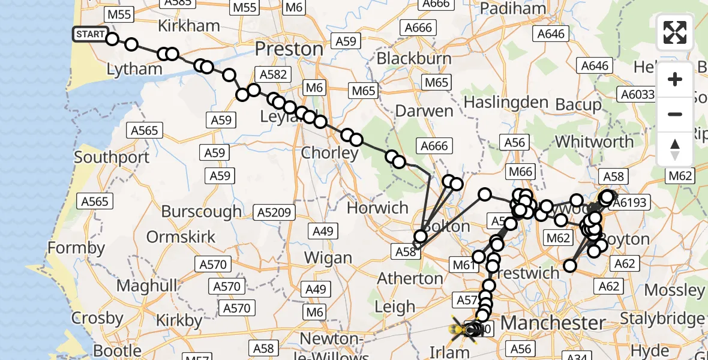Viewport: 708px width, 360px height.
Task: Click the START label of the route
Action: (91, 34)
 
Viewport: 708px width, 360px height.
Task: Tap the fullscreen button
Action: (675, 32)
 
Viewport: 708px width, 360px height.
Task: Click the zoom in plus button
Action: (675, 79)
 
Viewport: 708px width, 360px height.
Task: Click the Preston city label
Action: (289, 49)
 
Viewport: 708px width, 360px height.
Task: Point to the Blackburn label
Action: (414, 59)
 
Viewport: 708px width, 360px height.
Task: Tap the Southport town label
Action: (112, 158)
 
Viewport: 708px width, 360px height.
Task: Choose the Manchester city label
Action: (553, 323)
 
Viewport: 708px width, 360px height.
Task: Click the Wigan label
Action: (328, 258)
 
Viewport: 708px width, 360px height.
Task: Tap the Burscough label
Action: (201, 211)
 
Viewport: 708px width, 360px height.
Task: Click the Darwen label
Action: (424, 111)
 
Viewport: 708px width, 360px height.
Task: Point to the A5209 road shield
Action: (274, 212)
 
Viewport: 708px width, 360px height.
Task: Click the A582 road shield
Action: (273, 74)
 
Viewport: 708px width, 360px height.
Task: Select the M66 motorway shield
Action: (520, 172)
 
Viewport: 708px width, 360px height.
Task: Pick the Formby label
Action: (76, 247)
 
